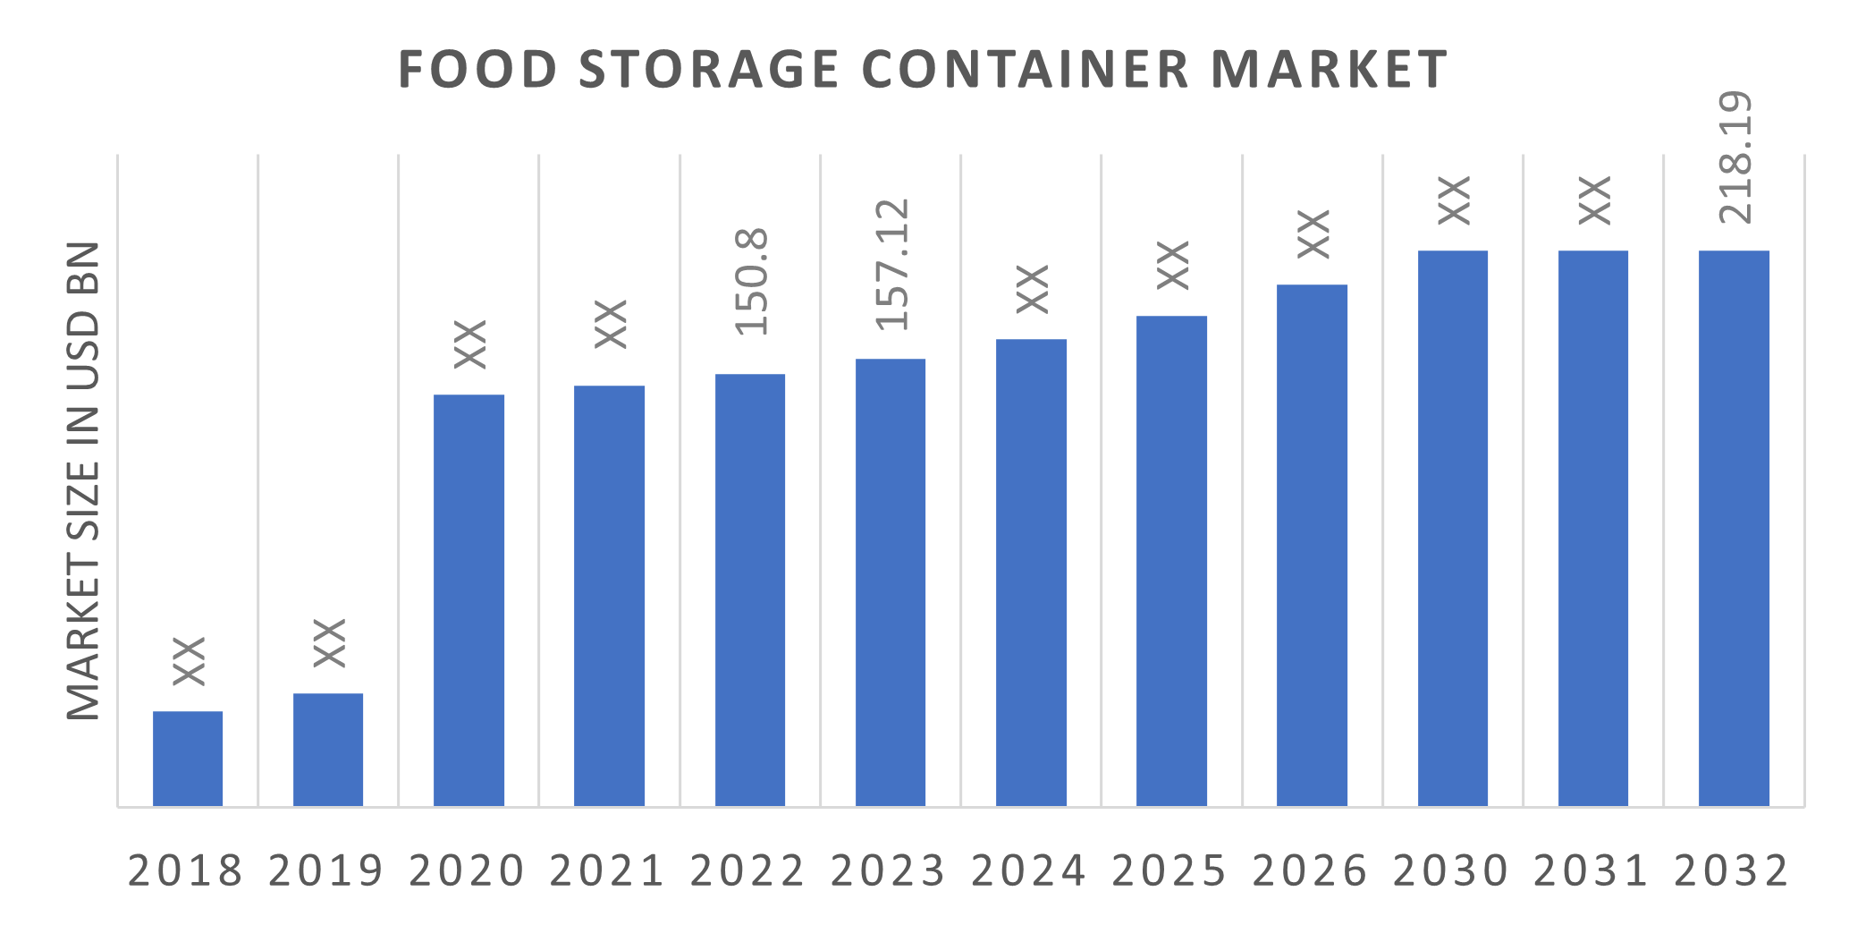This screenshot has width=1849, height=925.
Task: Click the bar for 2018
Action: [x=188, y=759]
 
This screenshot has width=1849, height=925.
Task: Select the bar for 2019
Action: [x=328, y=750]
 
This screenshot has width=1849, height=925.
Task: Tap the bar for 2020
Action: [x=469, y=600]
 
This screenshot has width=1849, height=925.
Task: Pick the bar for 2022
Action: [x=750, y=590]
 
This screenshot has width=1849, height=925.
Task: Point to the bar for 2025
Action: [x=1171, y=561]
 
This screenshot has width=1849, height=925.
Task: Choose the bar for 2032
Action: [x=1734, y=528]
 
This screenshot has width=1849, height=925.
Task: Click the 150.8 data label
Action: [x=751, y=282]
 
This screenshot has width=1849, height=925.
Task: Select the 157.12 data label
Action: [x=891, y=264]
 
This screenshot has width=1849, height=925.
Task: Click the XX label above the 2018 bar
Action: [x=189, y=661]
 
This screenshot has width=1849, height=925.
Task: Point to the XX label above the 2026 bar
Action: [x=1313, y=234]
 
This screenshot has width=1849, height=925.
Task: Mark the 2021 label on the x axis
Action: [x=608, y=870]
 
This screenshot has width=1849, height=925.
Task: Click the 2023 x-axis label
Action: [x=889, y=870]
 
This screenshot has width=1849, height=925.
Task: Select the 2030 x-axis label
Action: [x=1451, y=870]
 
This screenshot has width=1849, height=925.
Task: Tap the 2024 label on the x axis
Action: [x=1029, y=870]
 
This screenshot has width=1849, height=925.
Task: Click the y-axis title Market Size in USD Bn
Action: [x=83, y=479]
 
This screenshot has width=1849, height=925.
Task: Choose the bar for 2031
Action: [x=1593, y=528]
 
